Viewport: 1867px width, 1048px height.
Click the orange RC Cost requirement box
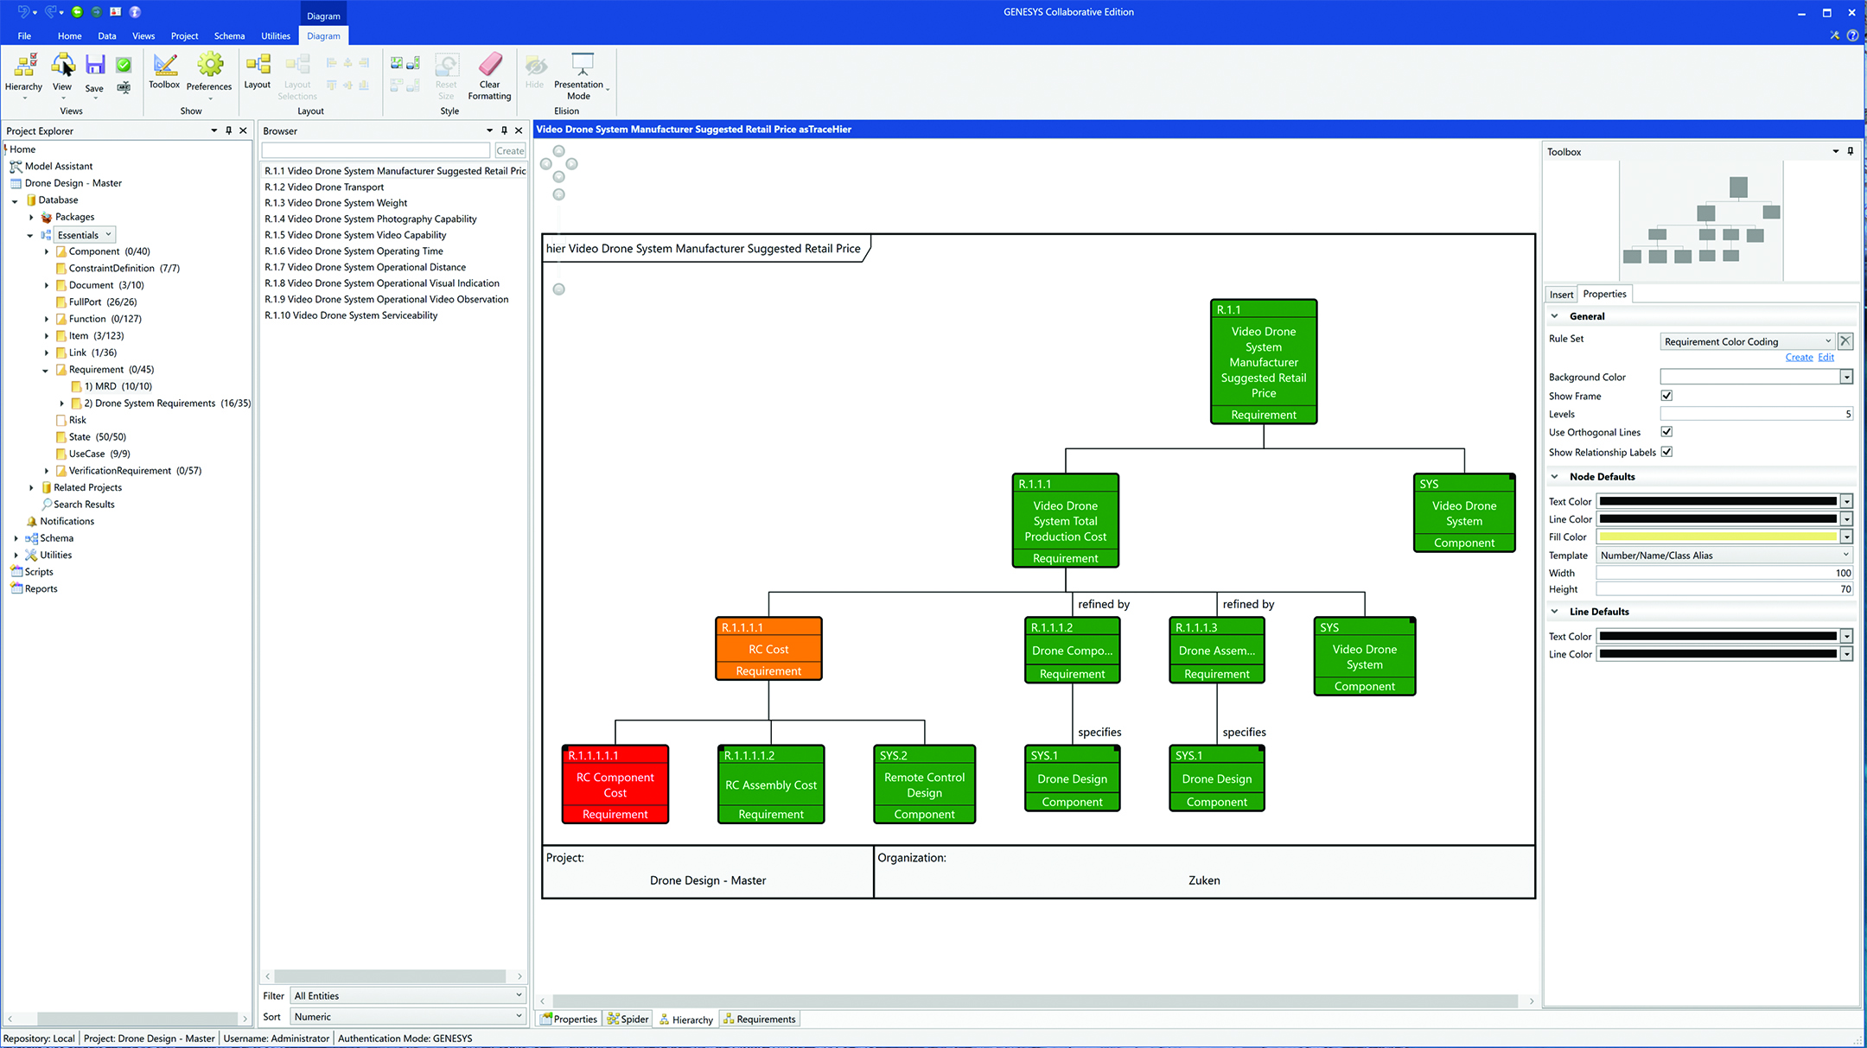(x=768, y=649)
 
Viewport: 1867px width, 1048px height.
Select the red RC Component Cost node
(x=615, y=784)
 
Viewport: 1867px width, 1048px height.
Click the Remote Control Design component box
(x=924, y=784)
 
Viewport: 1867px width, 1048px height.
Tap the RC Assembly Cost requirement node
(x=770, y=784)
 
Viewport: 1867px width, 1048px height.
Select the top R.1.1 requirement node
(x=1263, y=362)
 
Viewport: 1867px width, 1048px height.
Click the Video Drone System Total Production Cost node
(x=1065, y=521)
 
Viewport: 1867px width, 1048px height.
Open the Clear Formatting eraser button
(x=489, y=76)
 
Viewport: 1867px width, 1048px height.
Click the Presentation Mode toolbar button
(x=580, y=76)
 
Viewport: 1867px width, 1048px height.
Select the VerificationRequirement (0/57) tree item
(x=134, y=471)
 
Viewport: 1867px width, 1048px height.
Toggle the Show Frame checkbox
(x=1666, y=396)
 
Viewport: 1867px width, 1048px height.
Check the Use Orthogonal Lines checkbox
(x=1666, y=432)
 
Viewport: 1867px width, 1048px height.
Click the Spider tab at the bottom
(x=628, y=1019)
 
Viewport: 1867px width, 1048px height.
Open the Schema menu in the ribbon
(x=229, y=36)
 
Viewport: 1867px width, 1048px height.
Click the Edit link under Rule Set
(x=1826, y=358)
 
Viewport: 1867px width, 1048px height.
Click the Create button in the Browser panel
(x=510, y=151)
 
